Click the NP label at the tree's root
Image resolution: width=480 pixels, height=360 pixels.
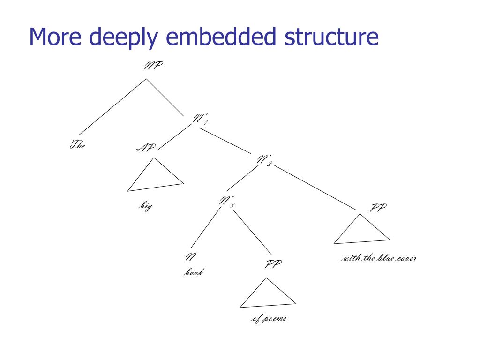click(x=153, y=66)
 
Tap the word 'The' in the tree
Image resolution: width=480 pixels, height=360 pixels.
click(x=78, y=145)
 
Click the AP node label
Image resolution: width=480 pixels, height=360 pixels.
click(x=146, y=149)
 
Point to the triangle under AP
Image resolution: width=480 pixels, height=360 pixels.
click(x=154, y=178)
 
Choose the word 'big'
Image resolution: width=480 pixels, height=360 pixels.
click(x=146, y=206)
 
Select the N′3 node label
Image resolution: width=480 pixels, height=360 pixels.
click(x=226, y=202)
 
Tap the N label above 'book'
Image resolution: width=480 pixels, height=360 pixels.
click(x=191, y=257)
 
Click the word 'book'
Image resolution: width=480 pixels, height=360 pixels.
click(x=193, y=272)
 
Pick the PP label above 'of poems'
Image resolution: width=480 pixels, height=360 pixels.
click(x=273, y=264)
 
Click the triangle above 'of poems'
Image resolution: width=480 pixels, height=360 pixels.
click(x=268, y=295)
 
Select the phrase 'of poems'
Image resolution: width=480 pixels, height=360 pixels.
click(x=269, y=319)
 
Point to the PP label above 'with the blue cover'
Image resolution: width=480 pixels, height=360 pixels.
click(x=378, y=208)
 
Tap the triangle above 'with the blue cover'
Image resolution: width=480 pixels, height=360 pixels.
click(x=361, y=232)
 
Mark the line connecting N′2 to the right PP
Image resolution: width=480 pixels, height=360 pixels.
click(x=317, y=187)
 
